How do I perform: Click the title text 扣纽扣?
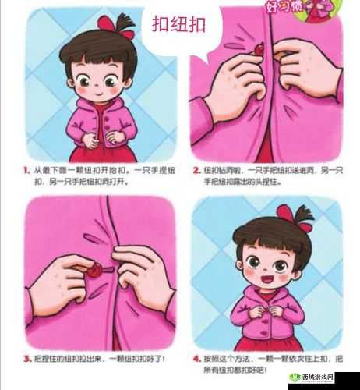pyautogui.click(x=178, y=25)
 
